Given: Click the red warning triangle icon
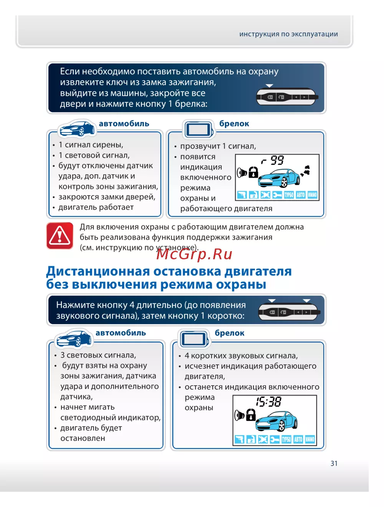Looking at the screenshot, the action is coord(60,236).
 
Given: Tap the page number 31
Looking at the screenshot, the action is coord(334,463).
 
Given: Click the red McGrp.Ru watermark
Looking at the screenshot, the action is coord(194,254).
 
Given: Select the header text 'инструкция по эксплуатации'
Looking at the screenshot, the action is coord(288,34).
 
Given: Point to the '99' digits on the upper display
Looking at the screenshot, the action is coord(277,160).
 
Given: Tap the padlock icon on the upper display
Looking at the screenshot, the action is coord(253,172).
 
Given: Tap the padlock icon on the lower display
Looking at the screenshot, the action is coord(251,414).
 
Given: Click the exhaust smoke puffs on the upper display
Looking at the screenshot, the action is coord(305,171).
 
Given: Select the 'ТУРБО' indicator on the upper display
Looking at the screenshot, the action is coord(289,195).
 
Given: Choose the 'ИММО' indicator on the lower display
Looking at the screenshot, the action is coord(310,439).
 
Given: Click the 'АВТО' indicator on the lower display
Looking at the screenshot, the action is coord(298,439).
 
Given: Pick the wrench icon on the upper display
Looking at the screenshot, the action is coord(277,195).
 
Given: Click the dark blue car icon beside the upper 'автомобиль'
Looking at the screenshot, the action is coord(77,129).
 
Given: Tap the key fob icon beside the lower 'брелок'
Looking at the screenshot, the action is coord(194,339).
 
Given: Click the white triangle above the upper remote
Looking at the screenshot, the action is coord(269,86).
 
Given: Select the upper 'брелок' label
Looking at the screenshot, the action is coord(234,124).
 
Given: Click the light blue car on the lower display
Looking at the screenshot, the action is coord(276,421).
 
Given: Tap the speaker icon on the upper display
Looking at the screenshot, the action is coord(242,172).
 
